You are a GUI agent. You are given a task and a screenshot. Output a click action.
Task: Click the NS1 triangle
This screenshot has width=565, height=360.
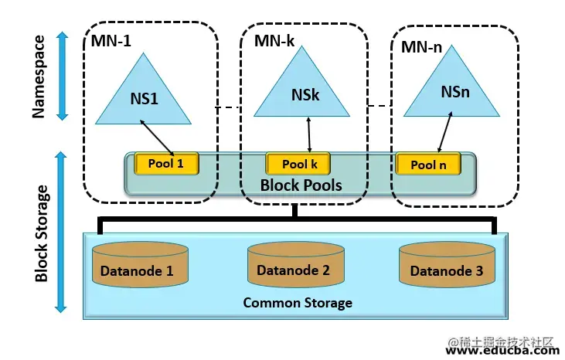click(x=143, y=99)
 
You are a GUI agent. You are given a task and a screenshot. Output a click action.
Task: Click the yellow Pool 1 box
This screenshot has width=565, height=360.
click(x=167, y=163)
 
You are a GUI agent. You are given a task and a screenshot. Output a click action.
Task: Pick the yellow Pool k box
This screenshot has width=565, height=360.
click(x=298, y=164)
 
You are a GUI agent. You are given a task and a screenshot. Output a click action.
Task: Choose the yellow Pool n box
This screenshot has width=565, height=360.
click(x=429, y=164)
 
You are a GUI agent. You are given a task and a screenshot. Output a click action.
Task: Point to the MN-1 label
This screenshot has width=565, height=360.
click(x=111, y=41)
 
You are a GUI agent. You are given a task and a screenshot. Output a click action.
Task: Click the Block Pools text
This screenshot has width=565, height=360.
click(x=301, y=185)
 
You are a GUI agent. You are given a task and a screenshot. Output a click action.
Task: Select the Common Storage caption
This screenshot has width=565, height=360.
click(x=298, y=303)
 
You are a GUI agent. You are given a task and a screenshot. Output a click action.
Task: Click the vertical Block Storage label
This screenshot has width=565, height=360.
click(x=43, y=232)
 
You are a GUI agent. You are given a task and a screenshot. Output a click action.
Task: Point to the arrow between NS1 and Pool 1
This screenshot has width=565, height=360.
click(x=157, y=136)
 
